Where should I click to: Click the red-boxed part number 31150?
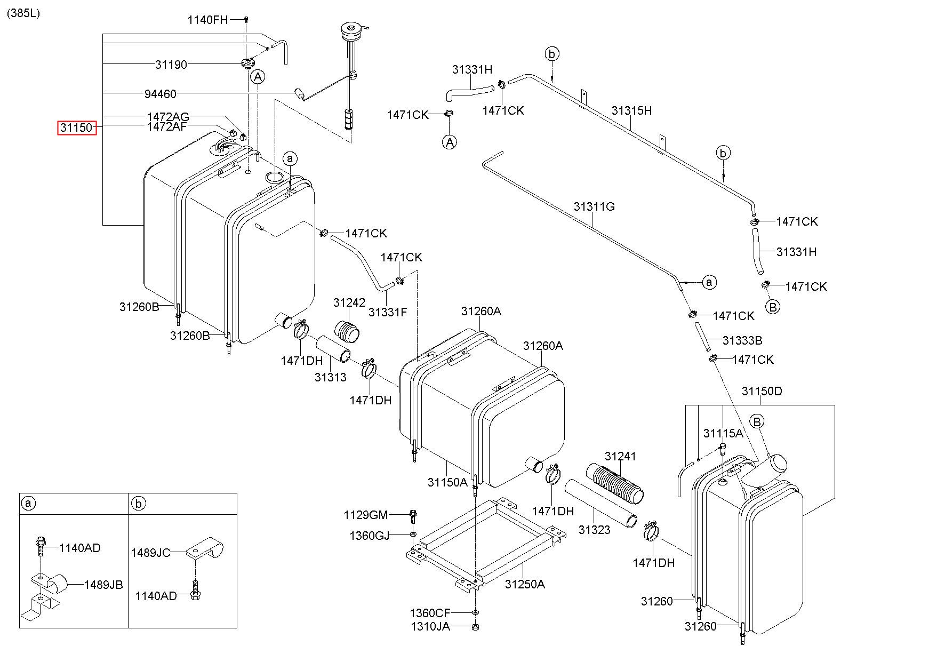tap(77, 128)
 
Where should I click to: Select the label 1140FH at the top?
tap(207, 20)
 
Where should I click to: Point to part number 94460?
tap(160, 94)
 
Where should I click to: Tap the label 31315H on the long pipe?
tap(631, 111)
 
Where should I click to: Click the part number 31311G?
tap(594, 206)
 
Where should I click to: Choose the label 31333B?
tap(742, 340)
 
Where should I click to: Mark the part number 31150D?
tap(762, 392)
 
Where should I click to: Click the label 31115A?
tap(723, 434)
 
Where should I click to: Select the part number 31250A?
tap(525, 584)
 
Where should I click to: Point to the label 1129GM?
tap(365, 515)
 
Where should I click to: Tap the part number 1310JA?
tap(430, 626)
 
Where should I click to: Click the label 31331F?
tap(387, 313)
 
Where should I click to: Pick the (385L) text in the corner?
tap(23, 13)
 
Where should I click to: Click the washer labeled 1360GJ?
tap(413, 534)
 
